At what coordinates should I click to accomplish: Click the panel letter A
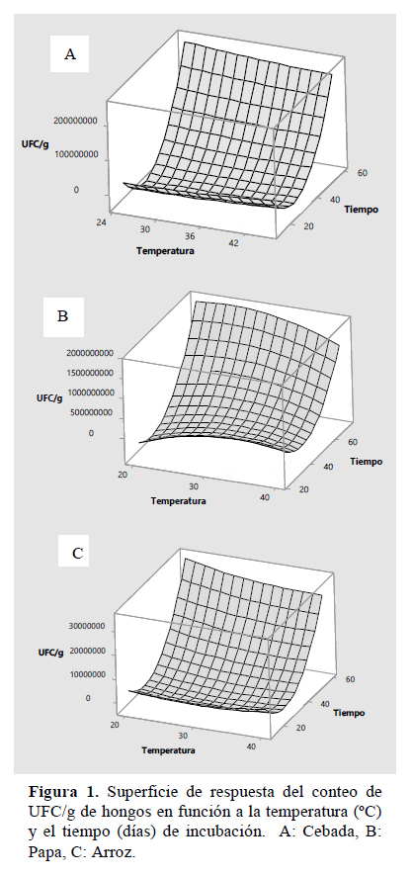click(x=70, y=54)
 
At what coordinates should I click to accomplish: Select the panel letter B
click(x=62, y=316)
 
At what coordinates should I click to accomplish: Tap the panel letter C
click(x=78, y=553)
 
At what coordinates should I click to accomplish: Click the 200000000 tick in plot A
click(x=76, y=121)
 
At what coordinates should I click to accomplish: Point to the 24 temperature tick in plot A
click(x=101, y=221)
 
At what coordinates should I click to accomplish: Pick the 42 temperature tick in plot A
click(x=233, y=242)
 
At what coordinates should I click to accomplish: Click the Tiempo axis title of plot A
click(x=361, y=210)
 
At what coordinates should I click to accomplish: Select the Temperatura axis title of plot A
click(x=165, y=251)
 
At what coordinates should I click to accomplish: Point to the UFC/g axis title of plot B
click(x=49, y=398)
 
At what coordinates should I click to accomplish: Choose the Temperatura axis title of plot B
click(x=178, y=500)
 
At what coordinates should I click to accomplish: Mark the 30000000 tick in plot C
click(x=87, y=626)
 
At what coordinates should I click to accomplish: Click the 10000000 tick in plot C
click(x=87, y=675)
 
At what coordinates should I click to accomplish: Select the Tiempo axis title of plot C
click(x=350, y=713)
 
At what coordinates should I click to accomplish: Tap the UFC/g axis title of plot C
click(x=51, y=652)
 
